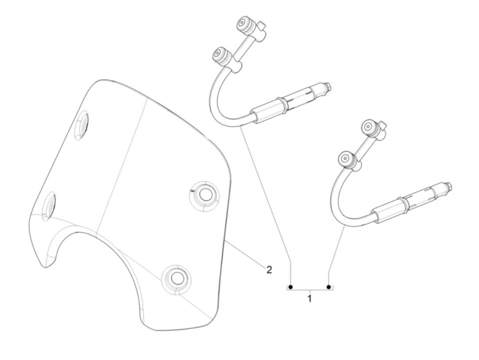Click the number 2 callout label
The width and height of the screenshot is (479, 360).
[269, 270]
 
